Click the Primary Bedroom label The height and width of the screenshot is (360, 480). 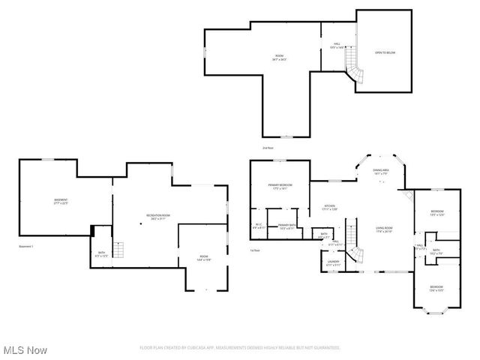280,186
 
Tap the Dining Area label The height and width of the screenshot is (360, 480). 381,172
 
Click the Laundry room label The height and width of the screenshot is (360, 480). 334,263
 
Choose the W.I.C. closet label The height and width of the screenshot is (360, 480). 259,225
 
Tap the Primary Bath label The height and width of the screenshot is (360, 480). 286,226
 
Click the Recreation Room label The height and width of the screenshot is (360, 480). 158,217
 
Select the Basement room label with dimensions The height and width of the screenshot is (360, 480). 61,201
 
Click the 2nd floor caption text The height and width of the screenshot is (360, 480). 268,148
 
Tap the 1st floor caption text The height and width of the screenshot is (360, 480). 255,250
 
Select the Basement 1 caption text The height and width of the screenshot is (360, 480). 27,246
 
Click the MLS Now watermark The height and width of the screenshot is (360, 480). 25,350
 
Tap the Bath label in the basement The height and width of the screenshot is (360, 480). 101,255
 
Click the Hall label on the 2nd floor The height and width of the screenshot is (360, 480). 337,46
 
